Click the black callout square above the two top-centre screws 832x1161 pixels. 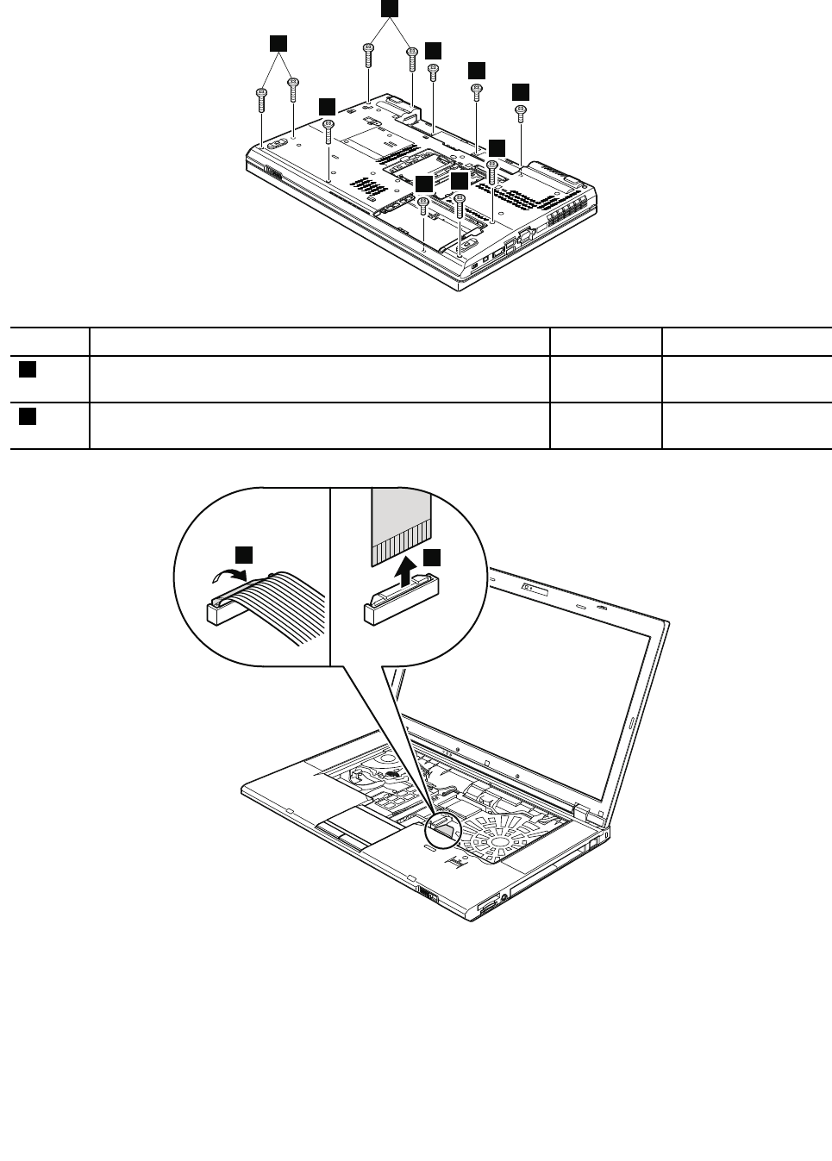(x=390, y=9)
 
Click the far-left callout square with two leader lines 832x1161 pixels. (x=278, y=44)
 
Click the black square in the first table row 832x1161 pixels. (x=28, y=370)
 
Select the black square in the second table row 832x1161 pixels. (x=28, y=416)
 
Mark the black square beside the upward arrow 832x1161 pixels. (x=430, y=558)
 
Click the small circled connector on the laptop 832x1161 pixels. (x=445, y=828)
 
